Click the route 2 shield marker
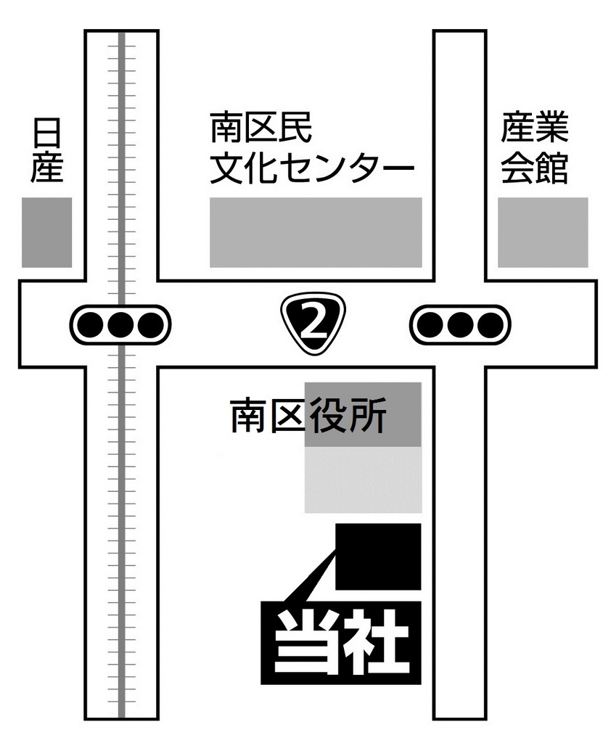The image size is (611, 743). [x=313, y=324]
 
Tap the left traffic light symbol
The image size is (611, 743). [x=120, y=325]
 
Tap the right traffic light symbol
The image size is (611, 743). [x=460, y=325]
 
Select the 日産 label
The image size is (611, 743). [x=46, y=151]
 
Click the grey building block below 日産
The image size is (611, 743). [x=47, y=232]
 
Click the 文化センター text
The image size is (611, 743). [x=312, y=168]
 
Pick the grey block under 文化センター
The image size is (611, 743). [x=316, y=232]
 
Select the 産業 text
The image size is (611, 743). [x=535, y=127]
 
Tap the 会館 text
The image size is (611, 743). [x=535, y=168]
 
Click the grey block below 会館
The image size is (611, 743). [x=543, y=232]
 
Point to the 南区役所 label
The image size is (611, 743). [x=308, y=416]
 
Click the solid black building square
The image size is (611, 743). [x=378, y=557]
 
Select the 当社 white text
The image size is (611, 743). [x=341, y=643]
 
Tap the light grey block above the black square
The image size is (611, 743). [x=363, y=480]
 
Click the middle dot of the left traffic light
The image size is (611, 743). [x=120, y=325]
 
